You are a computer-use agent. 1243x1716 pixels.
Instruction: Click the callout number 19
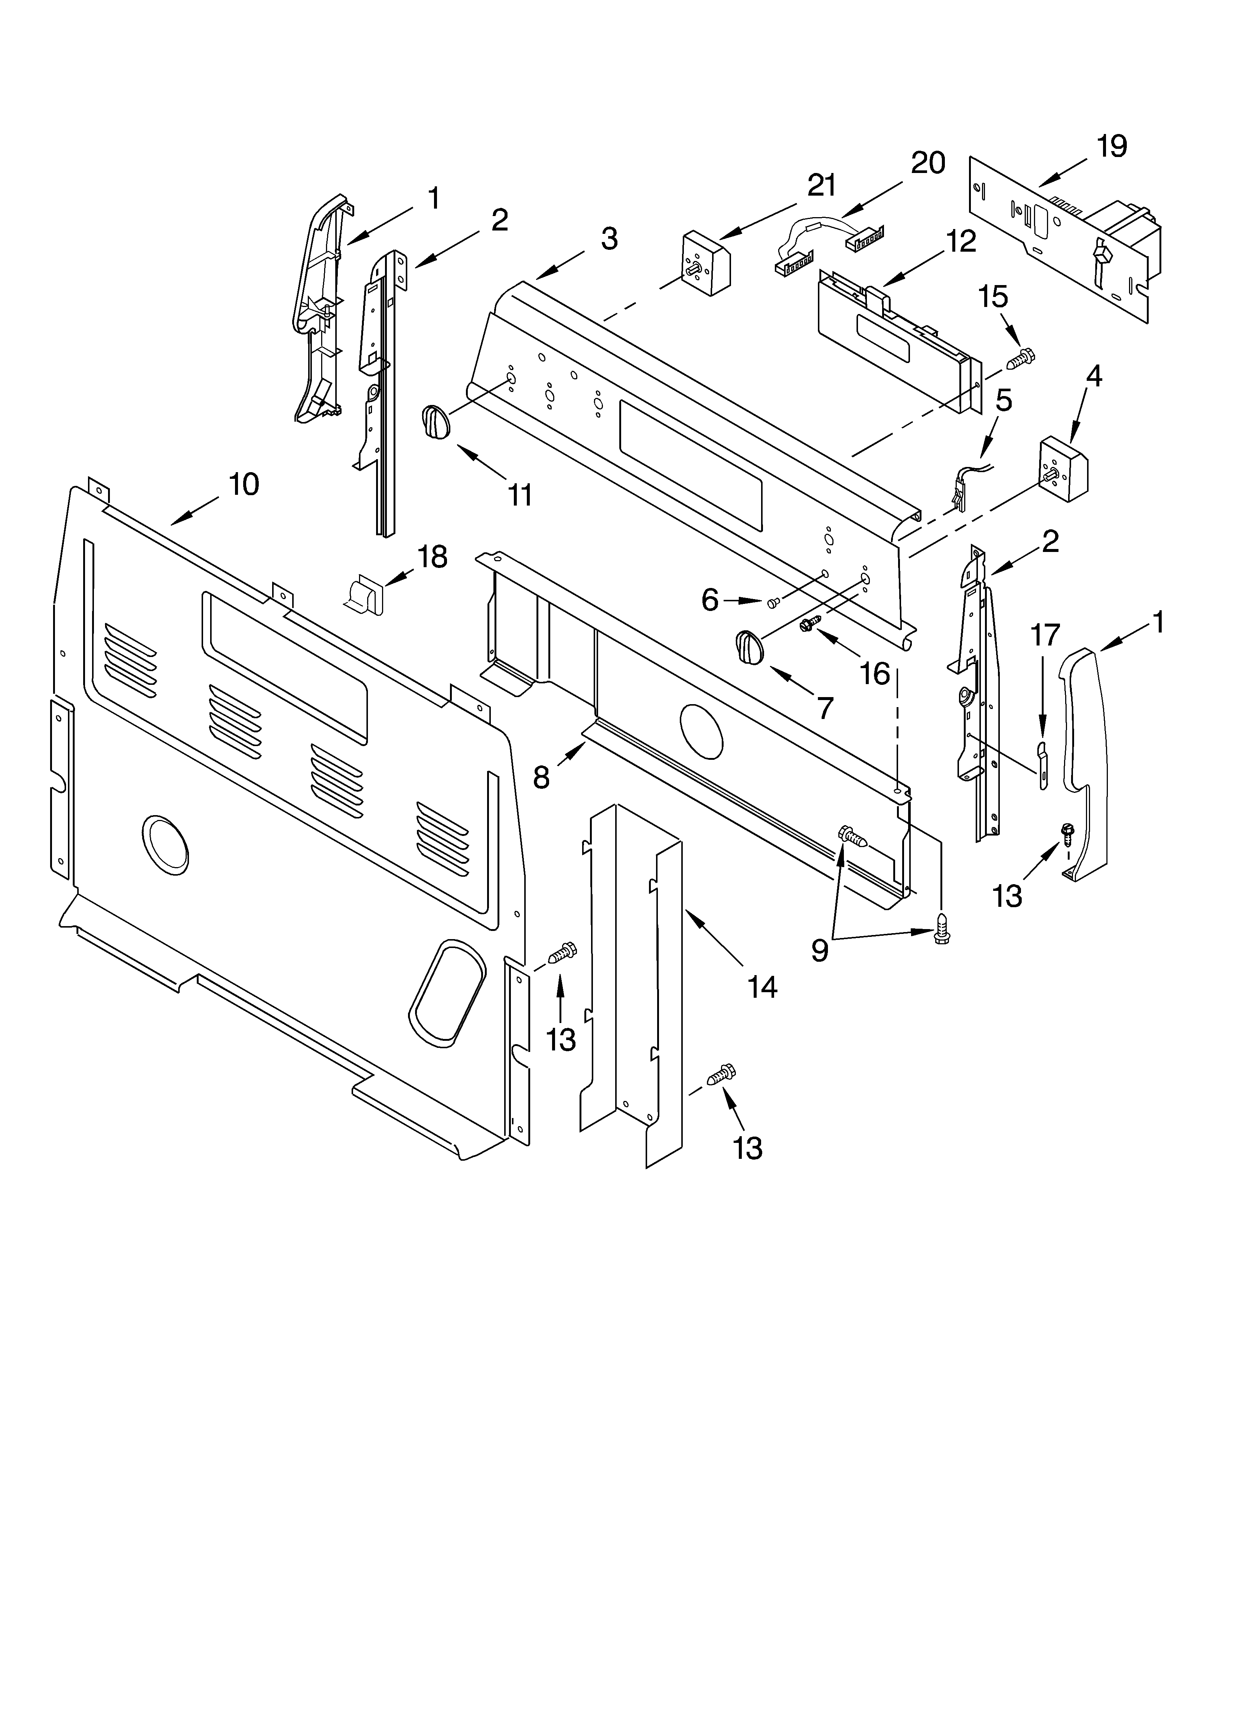(1111, 146)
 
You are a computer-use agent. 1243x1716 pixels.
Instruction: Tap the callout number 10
(244, 484)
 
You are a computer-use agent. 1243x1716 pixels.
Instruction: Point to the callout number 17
(1045, 635)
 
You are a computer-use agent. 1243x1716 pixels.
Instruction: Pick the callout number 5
(1003, 400)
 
